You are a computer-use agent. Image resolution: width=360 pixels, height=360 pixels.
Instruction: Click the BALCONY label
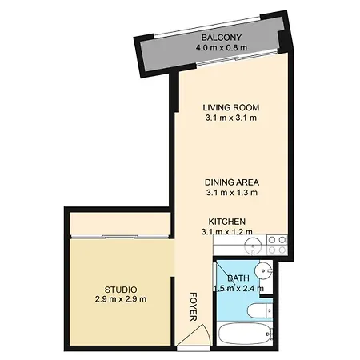pos(222,38)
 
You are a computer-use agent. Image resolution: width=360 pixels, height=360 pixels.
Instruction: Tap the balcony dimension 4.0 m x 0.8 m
pos(222,48)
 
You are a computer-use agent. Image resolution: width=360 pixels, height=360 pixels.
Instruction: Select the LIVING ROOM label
pos(231,107)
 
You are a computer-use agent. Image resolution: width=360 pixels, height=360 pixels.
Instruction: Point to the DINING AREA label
pos(232,182)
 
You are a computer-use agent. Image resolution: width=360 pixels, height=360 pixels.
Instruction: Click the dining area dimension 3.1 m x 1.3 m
pos(232,193)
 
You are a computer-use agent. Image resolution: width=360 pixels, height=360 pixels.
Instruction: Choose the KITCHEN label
pos(227,222)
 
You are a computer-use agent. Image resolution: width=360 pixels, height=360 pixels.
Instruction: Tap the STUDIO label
pos(121,290)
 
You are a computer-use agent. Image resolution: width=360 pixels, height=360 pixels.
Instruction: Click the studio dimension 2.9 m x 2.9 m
pos(121,299)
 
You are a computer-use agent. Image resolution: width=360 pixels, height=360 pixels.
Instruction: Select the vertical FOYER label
pos(194,306)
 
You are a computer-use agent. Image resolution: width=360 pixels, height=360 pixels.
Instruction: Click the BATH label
pos(238,278)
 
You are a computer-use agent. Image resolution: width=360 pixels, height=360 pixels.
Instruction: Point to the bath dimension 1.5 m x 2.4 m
pos(238,288)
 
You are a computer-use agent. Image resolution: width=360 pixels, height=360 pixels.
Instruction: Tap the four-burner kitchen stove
pos(277,245)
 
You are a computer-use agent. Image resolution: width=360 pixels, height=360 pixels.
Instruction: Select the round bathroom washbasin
pos(263,271)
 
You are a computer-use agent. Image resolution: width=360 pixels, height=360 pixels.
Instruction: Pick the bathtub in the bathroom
pos(245,334)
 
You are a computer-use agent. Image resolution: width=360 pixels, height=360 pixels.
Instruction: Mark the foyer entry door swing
pos(194,335)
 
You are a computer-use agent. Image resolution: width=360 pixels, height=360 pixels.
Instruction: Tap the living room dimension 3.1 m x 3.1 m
pos(231,118)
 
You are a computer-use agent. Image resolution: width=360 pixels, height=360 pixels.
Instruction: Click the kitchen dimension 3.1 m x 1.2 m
pos(227,232)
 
